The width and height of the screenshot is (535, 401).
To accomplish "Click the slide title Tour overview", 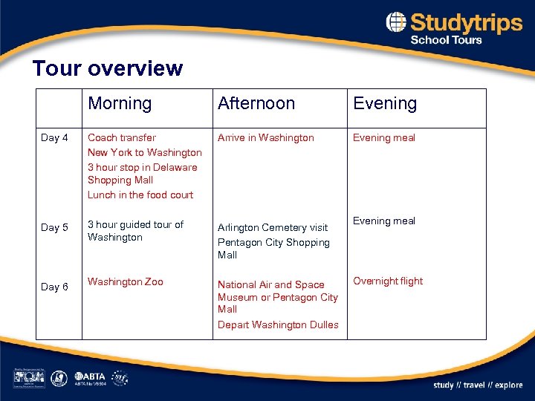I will click(x=107, y=69).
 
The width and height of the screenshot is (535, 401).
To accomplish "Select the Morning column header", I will click(x=120, y=104).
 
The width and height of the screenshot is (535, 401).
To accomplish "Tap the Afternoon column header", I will click(x=256, y=104).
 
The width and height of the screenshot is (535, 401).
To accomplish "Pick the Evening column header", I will click(x=385, y=104).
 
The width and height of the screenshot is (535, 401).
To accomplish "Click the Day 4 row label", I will click(x=54, y=137).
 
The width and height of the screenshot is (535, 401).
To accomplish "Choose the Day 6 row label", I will click(x=54, y=287).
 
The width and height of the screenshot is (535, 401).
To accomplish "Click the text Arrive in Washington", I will click(x=265, y=137).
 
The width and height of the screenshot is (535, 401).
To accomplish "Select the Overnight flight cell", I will click(x=387, y=281).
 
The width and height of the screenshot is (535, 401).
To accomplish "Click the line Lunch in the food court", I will click(x=140, y=195).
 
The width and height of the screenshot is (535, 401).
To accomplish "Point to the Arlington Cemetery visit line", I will click(x=272, y=228).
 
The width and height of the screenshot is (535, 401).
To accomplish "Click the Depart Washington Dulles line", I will click(x=277, y=325).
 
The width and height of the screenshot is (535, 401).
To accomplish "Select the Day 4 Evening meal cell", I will click(x=383, y=137).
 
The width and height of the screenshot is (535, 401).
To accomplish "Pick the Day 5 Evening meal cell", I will click(x=383, y=221).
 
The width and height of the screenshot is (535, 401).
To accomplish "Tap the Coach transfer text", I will click(x=122, y=137).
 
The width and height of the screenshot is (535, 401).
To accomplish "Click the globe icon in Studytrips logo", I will click(x=396, y=22).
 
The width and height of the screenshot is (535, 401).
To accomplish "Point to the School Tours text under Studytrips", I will click(x=446, y=40).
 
